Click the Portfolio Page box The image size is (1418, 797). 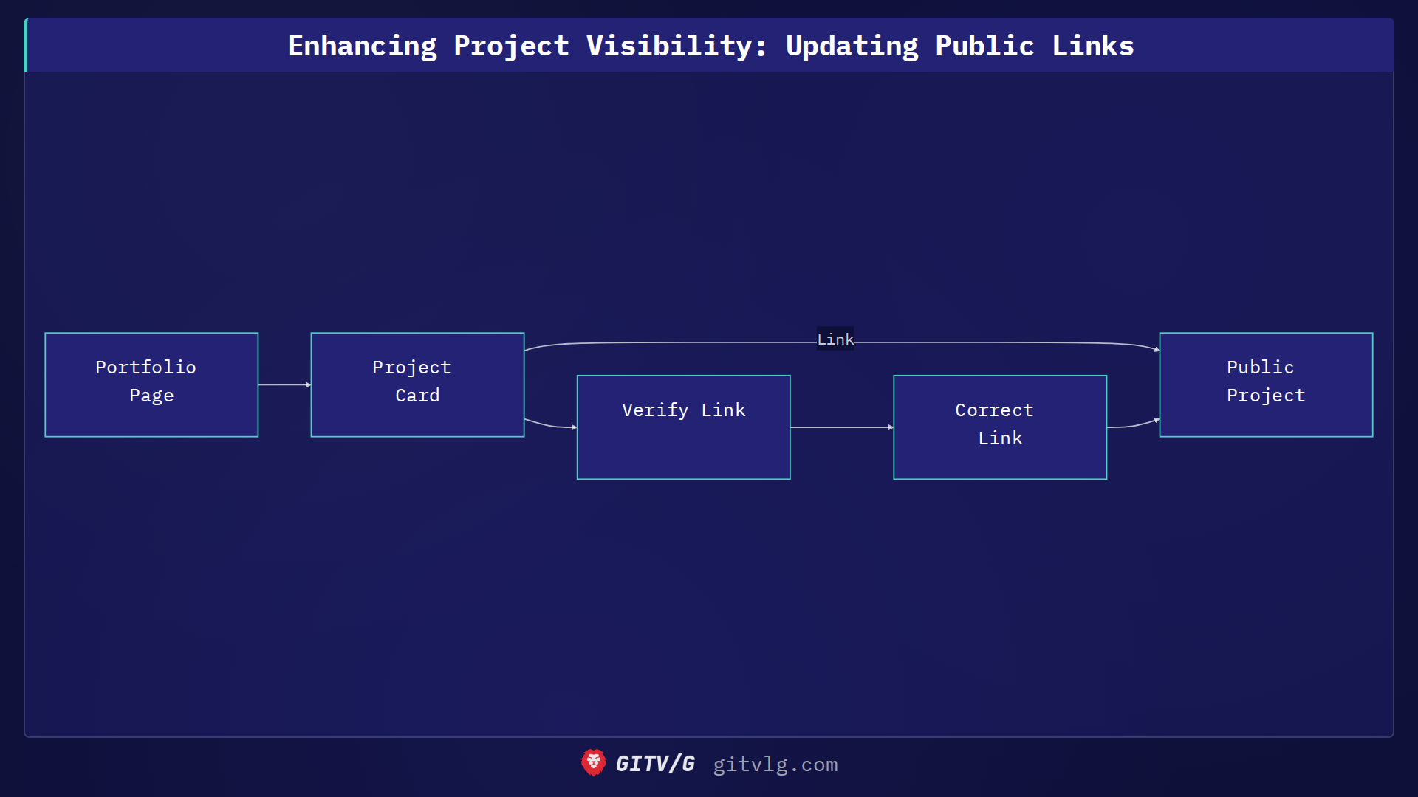151,384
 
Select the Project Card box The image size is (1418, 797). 417,384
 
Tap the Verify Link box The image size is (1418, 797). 683,427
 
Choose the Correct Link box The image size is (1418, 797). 999,427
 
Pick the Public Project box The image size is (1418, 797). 1266,384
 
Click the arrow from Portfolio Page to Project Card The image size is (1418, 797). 284,384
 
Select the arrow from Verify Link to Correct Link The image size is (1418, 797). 842,427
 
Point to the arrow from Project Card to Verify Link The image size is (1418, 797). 550,425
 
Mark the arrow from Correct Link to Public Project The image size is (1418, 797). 1134,425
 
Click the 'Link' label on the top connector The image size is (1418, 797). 835,339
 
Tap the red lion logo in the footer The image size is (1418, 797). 593,763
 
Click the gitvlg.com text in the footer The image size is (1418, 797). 775,765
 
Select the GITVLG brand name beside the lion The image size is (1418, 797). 655,764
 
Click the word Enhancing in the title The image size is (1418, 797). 362,46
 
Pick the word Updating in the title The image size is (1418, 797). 852,46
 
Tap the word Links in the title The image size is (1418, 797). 1092,46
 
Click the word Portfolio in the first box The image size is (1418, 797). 145,368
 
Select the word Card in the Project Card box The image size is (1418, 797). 417,396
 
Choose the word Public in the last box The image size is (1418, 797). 1260,368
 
